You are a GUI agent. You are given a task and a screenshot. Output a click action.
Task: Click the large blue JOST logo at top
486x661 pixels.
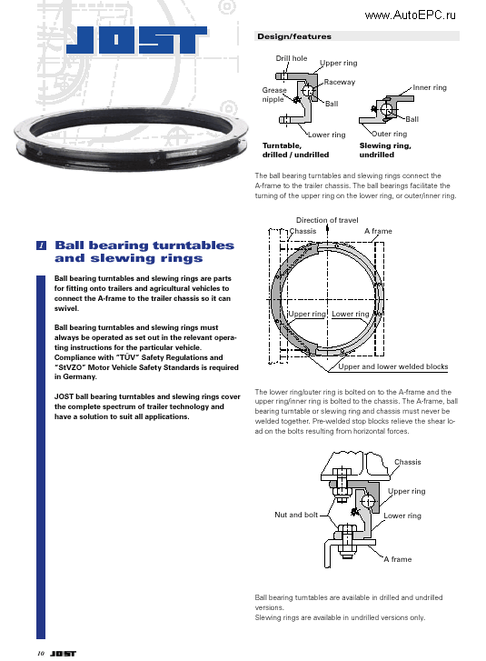(137, 41)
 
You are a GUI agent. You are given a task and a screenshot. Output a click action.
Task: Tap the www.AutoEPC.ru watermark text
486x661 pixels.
(410, 15)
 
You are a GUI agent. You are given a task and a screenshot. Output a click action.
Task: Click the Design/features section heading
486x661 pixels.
(294, 37)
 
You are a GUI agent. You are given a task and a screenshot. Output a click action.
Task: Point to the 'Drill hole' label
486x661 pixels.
(292, 59)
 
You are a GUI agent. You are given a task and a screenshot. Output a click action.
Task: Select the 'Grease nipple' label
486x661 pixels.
(273, 95)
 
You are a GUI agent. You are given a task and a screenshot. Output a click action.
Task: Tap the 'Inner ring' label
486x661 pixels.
(430, 88)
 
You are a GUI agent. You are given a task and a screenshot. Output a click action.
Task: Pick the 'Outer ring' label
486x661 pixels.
(390, 135)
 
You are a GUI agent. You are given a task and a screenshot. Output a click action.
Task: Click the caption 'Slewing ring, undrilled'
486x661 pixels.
(385, 150)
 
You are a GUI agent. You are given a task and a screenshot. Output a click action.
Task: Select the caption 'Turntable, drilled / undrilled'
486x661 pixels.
(295, 150)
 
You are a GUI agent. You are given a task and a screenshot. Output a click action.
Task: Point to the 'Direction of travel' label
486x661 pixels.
(327, 220)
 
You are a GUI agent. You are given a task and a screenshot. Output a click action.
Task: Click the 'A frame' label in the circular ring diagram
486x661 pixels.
(378, 231)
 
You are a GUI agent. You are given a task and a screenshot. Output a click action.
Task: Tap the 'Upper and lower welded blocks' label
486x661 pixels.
(393, 367)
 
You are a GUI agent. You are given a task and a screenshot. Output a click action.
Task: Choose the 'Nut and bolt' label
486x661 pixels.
(296, 515)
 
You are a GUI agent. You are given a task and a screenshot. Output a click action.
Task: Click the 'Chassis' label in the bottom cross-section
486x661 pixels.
(407, 462)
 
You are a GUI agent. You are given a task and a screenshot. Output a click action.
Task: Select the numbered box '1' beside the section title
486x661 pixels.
(42, 246)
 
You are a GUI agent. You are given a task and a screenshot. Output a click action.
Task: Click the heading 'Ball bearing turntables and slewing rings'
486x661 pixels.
(144, 252)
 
